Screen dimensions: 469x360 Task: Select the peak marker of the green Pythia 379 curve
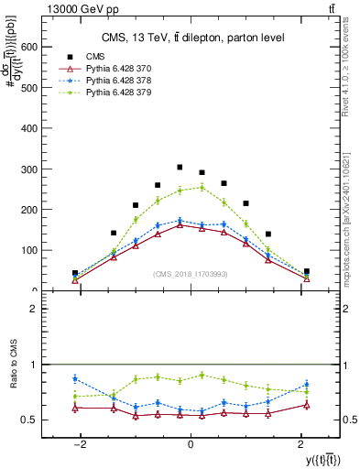pos(202,187)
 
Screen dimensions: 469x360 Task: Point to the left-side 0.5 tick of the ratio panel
pos(29,420)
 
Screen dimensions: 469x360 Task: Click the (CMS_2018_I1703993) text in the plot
pos(191,274)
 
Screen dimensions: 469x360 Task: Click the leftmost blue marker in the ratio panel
pos(75,378)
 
